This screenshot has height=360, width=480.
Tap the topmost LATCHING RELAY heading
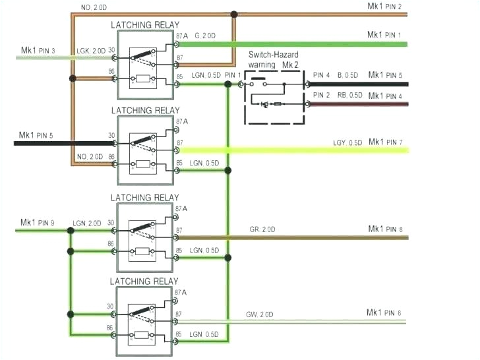click(144, 25)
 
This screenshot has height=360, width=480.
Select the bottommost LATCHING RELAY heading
click(144, 282)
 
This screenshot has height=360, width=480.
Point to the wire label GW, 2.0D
click(260, 315)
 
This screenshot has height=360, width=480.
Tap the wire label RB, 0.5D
click(349, 96)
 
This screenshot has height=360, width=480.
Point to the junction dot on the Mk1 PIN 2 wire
click(233, 14)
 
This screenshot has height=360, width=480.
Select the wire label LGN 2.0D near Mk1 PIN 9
click(88, 224)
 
